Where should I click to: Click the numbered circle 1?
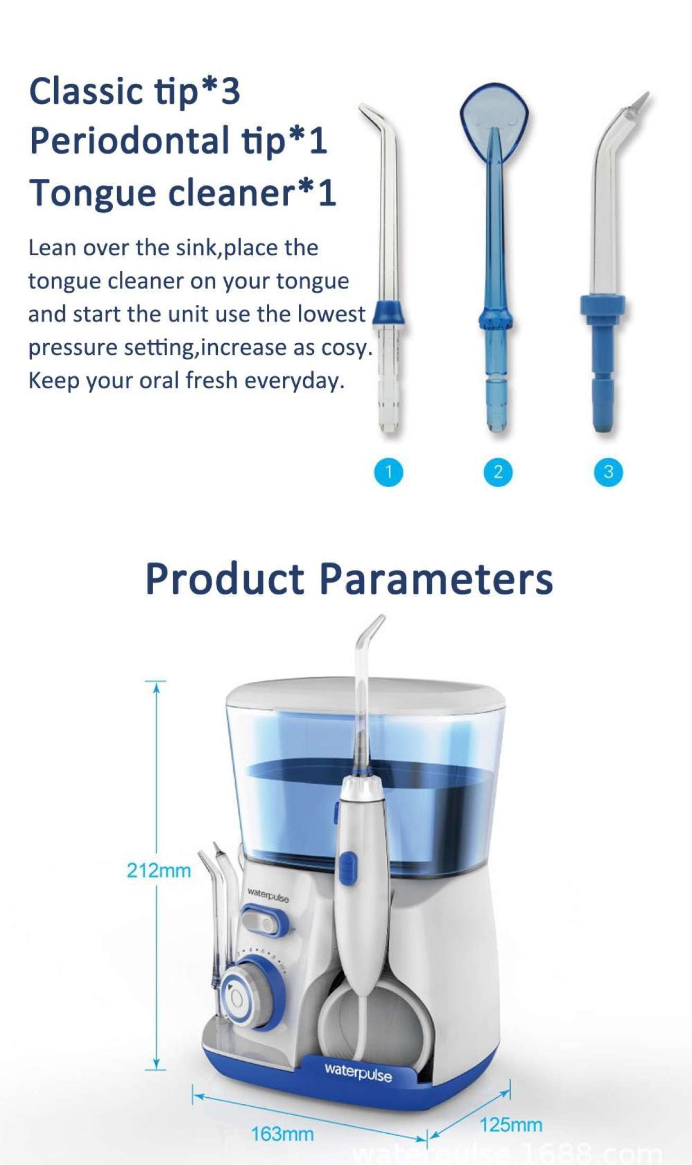[x=388, y=472]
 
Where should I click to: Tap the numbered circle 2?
[x=498, y=472]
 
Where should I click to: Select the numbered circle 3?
[x=608, y=472]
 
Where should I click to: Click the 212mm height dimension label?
[x=158, y=870]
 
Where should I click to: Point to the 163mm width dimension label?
[x=282, y=1134]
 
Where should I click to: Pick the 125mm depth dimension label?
[x=511, y=1124]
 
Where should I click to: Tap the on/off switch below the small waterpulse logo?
[x=266, y=924]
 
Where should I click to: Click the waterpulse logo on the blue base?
[x=358, y=1073]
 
